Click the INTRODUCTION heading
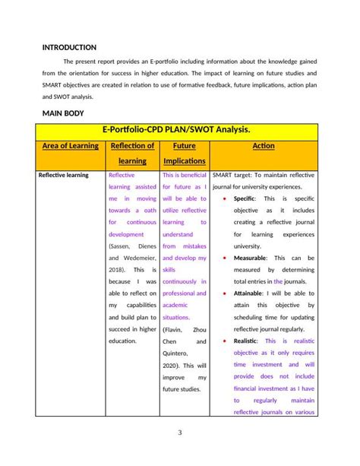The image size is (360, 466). [x=69, y=47]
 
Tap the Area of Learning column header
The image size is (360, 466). [x=71, y=145]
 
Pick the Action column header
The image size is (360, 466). [x=263, y=145]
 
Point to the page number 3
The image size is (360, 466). [x=180, y=433]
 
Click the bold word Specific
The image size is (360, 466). [x=245, y=198]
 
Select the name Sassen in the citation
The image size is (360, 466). [x=122, y=246]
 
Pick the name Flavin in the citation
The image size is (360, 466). [x=174, y=329]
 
